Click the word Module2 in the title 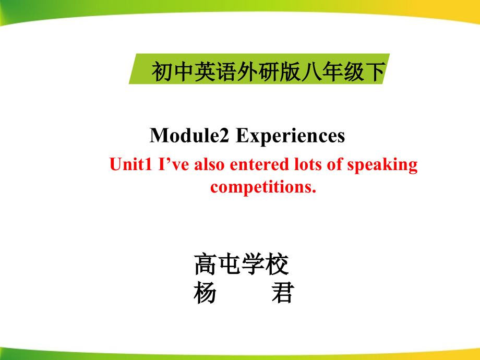pyautogui.click(x=190, y=136)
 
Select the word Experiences pyautogui.click(x=291, y=136)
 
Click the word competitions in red pyautogui.click(x=263, y=187)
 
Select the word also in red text pyautogui.click(x=211, y=165)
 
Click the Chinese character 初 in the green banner pyautogui.click(x=160, y=72)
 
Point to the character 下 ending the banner pyautogui.click(x=375, y=72)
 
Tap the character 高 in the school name pyautogui.click(x=205, y=265)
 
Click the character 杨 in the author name pyautogui.click(x=205, y=294)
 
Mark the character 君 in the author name pyautogui.click(x=282, y=294)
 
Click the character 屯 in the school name pyautogui.click(x=229, y=265)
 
